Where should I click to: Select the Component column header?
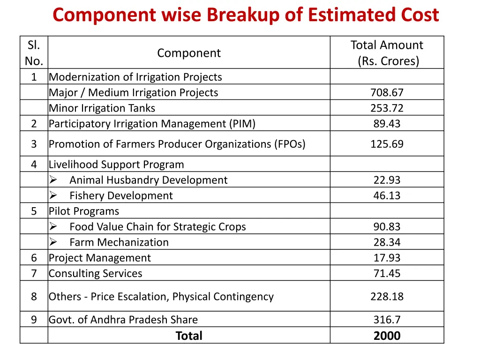tap(189, 53)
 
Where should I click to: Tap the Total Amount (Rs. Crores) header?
tap(387, 53)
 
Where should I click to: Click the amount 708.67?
tap(387, 93)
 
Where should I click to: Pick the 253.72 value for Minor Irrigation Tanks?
tap(387, 108)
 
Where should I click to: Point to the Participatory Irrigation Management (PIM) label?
tap(152, 124)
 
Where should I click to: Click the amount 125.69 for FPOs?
tap(387, 144)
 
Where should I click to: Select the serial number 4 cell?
tap(34, 165)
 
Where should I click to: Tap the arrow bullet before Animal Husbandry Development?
tap(53, 180)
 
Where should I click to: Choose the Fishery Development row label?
tap(121, 195)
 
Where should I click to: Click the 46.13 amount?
tap(387, 195)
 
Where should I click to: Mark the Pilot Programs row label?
tap(84, 211)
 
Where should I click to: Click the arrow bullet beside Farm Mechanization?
tap(53, 242)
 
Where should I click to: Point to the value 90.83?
tap(387, 227)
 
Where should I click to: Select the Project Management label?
tap(100, 258)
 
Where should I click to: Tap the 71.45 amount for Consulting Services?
tap(387, 273)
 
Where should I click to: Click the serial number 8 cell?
tap(34, 296)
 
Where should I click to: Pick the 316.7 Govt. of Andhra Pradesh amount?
tap(387, 320)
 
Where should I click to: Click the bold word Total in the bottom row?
tap(189, 336)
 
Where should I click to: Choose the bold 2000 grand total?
tap(387, 336)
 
